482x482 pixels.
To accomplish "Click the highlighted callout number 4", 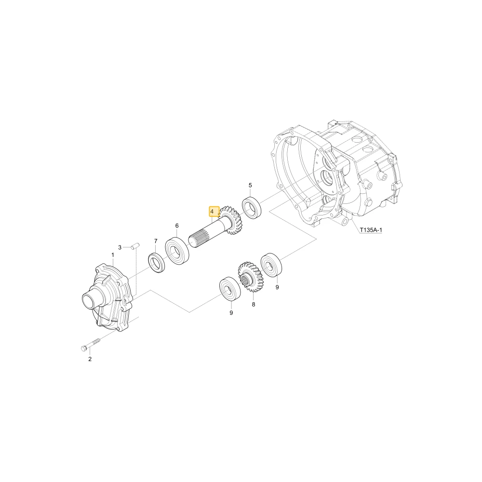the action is click(212, 212).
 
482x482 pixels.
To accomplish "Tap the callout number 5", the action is click(250, 185).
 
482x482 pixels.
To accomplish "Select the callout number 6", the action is click(177, 226).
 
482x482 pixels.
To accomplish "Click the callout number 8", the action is click(254, 305).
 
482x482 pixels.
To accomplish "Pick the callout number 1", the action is click(113, 255).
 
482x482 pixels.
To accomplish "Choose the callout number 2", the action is click(90, 359).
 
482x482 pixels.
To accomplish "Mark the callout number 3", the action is click(120, 247).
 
